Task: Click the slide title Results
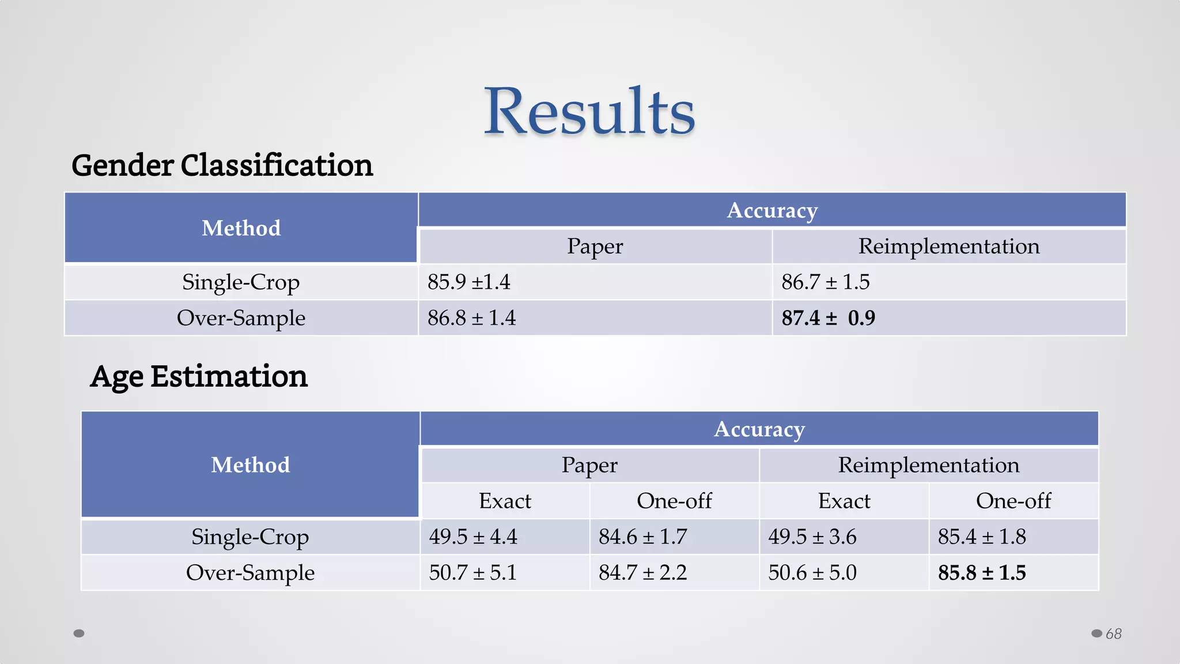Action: pyautogui.click(x=589, y=111)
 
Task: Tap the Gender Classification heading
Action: pyautogui.click(x=222, y=165)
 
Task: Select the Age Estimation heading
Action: pyautogui.click(x=199, y=376)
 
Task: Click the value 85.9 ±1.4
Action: pyautogui.click(x=469, y=282)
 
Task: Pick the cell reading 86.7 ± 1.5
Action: pyautogui.click(x=825, y=282)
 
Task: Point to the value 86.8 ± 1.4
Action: pyautogui.click(x=471, y=318)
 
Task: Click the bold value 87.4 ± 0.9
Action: pyautogui.click(x=828, y=318)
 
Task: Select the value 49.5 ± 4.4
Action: pyautogui.click(x=473, y=537)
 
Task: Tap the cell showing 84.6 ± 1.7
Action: pyautogui.click(x=642, y=537)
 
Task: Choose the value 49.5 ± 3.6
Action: pyautogui.click(x=812, y=537)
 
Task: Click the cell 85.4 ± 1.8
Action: pyautogui.click(x=982, y=537)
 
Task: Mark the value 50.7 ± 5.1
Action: pyautogui.click(x=472, y=572)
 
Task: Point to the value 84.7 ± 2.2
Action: pyautogui.click(x=642, y=572)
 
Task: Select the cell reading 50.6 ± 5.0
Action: pyautogui.click(x=812, y=572)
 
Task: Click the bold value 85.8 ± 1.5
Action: pyautogui.click(x=982, y=572)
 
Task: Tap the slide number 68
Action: pyautogui.click(x=1113, y=633)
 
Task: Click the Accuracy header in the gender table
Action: pyautogui.click(x=772, y=210)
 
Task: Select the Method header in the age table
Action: pyautogui.click(x=250, y=465)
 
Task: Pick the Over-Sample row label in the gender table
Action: pyautogui.click(x=241, y=318)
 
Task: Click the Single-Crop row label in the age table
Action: pyautogui.click(x=250, y=537)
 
